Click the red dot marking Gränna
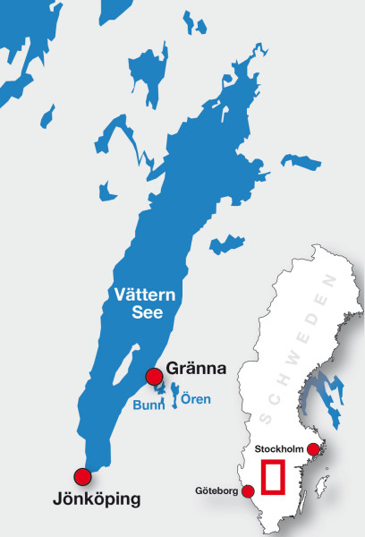click(154, 376)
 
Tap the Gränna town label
click(194, 369)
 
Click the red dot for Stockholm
click(312, 449)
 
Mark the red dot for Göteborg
click(249, 490)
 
